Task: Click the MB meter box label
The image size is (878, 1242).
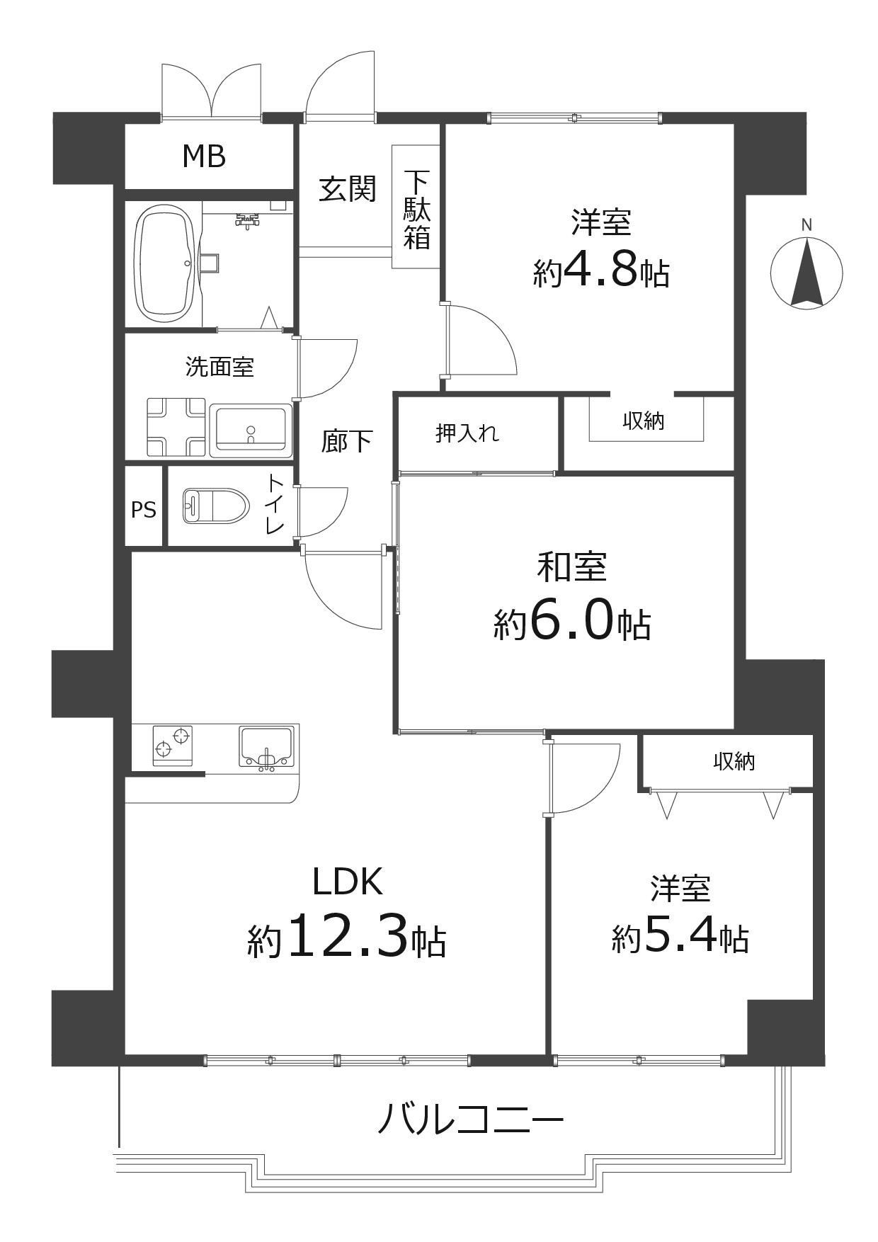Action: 204,156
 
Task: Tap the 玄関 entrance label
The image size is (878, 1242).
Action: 347,189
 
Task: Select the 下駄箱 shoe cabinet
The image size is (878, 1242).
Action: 416,208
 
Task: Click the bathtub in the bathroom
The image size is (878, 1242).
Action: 167,263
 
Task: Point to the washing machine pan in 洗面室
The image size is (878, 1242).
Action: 176,427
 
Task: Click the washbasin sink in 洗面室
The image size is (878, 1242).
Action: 251,428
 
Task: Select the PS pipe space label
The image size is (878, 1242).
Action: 144,510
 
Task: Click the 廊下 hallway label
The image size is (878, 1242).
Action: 347,441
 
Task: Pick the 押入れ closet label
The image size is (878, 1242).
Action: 467,432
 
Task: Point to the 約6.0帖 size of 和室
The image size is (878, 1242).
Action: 572,623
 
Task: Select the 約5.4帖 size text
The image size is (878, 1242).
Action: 680,938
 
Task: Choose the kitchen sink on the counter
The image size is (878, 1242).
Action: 266,747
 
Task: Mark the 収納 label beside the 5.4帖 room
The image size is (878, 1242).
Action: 734,762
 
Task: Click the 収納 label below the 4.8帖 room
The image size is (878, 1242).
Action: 643,421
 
